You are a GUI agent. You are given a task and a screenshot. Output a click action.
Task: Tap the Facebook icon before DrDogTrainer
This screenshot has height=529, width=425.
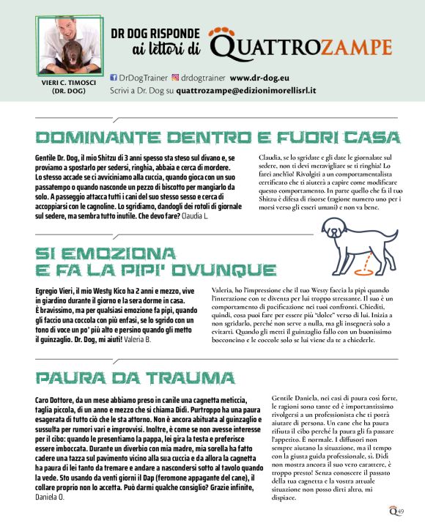[113, 76]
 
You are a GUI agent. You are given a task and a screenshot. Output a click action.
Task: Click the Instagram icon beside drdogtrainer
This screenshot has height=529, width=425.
[176, 76]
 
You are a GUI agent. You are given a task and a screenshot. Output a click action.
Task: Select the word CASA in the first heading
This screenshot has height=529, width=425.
[373, 138]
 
